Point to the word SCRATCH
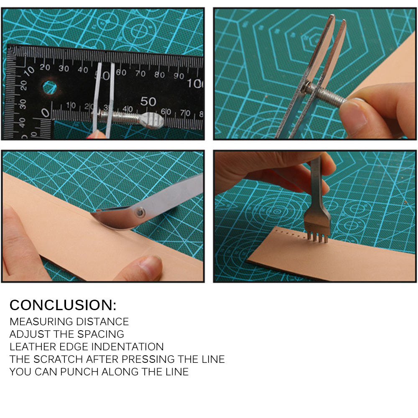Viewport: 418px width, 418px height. pos(58,359)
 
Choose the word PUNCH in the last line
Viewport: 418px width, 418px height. pos(79,372)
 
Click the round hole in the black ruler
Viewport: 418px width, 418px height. pos(50,88)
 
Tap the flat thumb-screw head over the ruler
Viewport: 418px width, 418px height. pos(153,120)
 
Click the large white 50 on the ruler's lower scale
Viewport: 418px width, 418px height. pos(148,101)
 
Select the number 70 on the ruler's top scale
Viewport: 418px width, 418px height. pos(140,73)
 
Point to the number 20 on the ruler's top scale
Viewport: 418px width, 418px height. pos(45,67)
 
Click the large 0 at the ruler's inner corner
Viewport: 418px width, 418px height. pos(45,113)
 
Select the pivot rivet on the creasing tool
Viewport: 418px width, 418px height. pos(140,212)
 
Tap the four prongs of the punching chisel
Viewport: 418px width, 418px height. pos(317,237)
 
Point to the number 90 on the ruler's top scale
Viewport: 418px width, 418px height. pos(179,76)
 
